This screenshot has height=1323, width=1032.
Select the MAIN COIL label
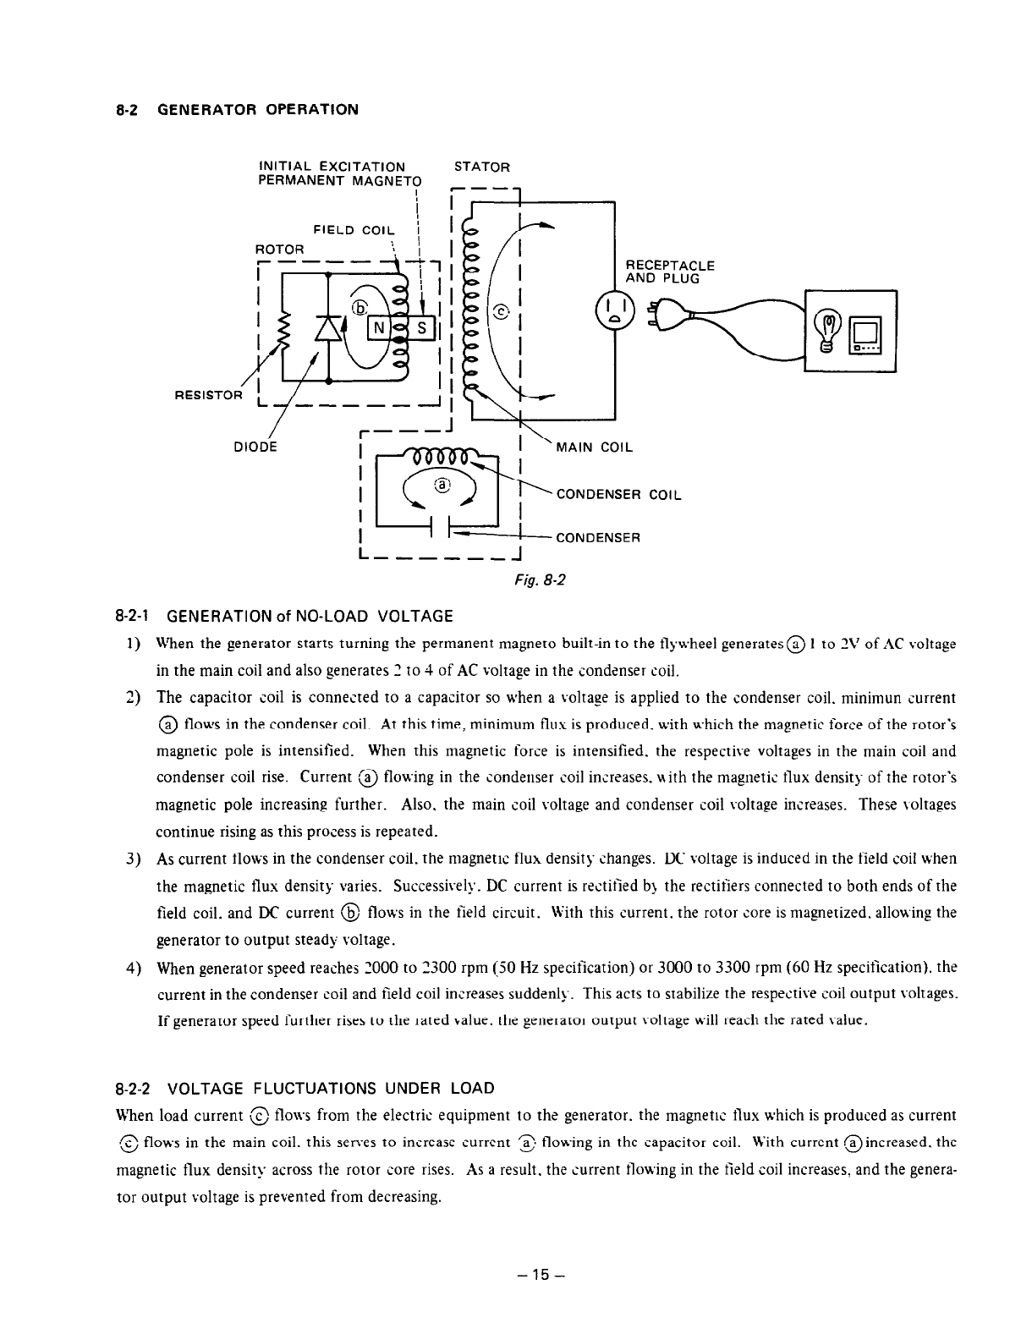tap(594, 447)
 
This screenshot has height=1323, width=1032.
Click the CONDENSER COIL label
tap(618, 495)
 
